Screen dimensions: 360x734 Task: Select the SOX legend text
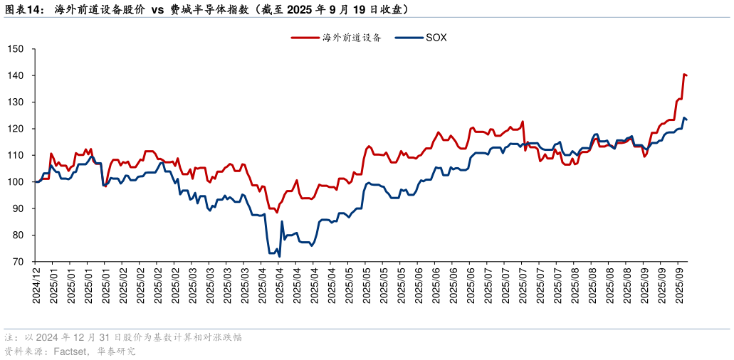pos(436,38)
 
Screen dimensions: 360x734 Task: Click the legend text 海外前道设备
pos(352,38)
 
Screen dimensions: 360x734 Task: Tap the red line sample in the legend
pos(305,38)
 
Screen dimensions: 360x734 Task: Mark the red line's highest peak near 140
pos(684,74)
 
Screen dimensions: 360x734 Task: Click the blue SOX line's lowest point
pos(279,256)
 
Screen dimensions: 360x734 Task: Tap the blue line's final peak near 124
pos(684,117)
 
